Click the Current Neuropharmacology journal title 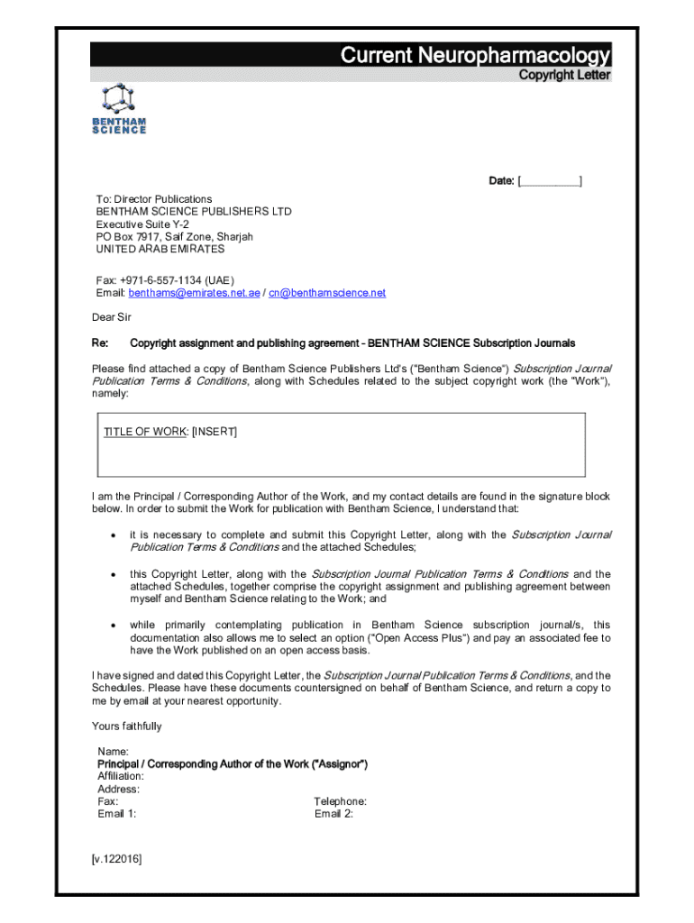pyautogui.click(x=475, y=56)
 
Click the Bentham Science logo pyautogui.click(x=118, y=110)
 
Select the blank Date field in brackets pyautogui.click(x=550, y=182)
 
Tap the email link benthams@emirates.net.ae pyautogui.click(x=194, y=293)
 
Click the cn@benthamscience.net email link pyautogui.click(x=327, y=293)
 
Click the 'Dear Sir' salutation pyautogui.click(x=112, y=317)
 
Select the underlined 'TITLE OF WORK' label pyautogui.click(x=145, y=432)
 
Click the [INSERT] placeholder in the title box pyautogui.click(x=215, y=432)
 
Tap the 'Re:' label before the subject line pyautogui.click(x=100, y=343)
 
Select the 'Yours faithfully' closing pyautogui.click(x=127, y=727)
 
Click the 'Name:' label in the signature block pyautogui.click(x=113, y=752)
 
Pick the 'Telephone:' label pyautogui.click(x=340, y=801)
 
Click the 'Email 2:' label pyautogui.click(x=333, y=814)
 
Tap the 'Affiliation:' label pyautogui.click(x=120, y=776)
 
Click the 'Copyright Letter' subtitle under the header pyautogui.click(x=564, y=76)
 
